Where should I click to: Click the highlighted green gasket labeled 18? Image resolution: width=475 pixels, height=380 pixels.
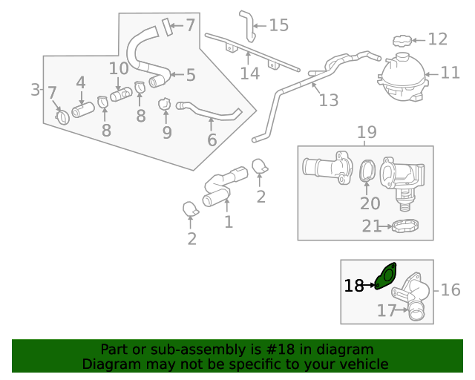pos(387,275)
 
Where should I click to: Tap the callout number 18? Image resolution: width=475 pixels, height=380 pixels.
pos(354,285)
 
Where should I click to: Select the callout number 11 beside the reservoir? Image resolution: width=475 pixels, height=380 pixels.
pos(451,73)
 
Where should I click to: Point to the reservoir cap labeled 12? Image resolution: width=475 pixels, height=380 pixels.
pos(402,39)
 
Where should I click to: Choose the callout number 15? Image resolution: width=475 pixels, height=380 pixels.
pos(278,25)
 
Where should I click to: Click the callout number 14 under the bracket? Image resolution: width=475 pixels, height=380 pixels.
pos(249,73)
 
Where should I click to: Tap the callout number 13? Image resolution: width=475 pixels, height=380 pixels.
pos(328,99)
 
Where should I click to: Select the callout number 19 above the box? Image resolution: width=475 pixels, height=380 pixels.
pos(367,133)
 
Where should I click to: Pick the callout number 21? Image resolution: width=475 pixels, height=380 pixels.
pos(372,226)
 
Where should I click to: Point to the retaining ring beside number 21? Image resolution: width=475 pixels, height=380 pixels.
pos(405,226)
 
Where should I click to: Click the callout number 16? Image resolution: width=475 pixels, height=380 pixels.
pos(451,289)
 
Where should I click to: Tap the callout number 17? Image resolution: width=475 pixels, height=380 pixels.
pos(387,311)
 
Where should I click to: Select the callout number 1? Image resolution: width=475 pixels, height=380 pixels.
pos(229,221)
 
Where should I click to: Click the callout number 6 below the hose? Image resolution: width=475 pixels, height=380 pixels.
pos(212,140)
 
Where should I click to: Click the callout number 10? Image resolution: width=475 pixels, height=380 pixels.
pos(119,69)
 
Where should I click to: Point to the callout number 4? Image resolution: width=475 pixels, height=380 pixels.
pos(81,83)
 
